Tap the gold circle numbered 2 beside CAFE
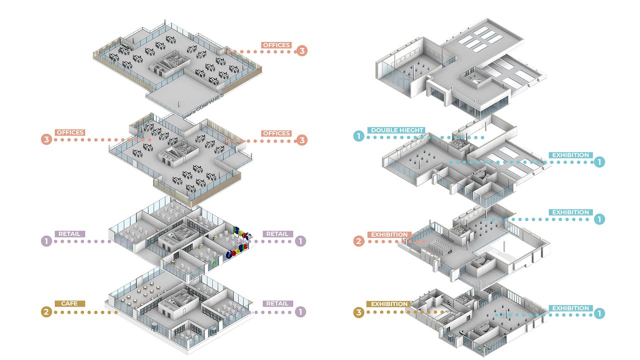click(46, 312)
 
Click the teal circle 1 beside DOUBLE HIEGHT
click(358, 135)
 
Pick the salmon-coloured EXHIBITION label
click(390, 234)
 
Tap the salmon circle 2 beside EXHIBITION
click(358, 241)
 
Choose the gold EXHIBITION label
click(388, 304)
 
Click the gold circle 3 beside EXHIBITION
click(358, 313)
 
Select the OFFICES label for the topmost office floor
click(276, 45)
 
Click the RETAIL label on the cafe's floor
click(277, 303)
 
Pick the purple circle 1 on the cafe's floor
click(300, 311)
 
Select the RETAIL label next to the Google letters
click(277, 234)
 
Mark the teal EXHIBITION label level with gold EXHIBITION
click(570, 308)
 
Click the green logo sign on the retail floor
click(214, 261)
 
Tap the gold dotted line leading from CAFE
click(85, 312)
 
